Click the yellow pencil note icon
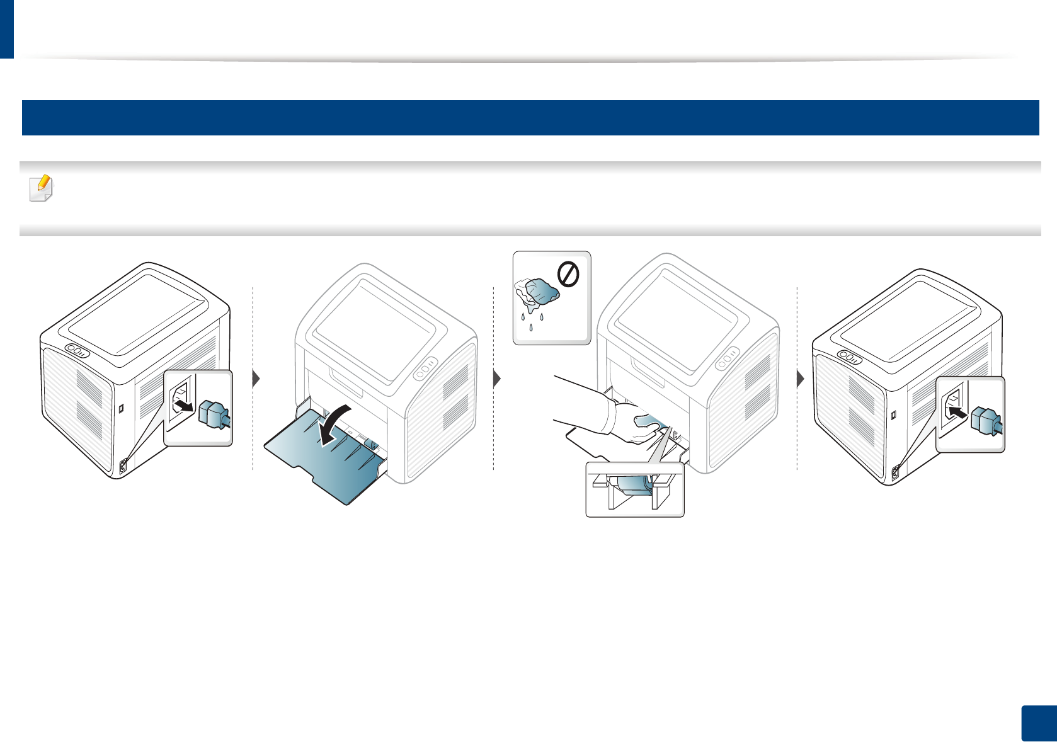42,188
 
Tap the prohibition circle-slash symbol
568,275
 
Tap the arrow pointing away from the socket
183,404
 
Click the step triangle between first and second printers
256,379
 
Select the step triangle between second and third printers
497,379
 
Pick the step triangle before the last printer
801,379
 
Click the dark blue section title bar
530,118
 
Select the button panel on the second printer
426,368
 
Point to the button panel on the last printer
850,357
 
